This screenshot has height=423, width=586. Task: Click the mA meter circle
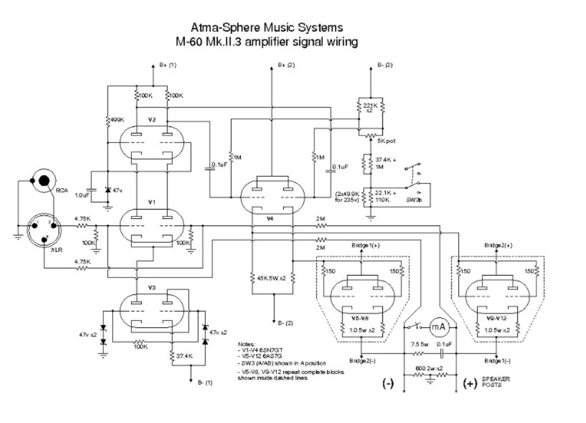click(x=439, y=327)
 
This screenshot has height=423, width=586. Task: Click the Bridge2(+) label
click(x=498, y=245)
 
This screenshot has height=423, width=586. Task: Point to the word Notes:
click(x=247, y=344)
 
